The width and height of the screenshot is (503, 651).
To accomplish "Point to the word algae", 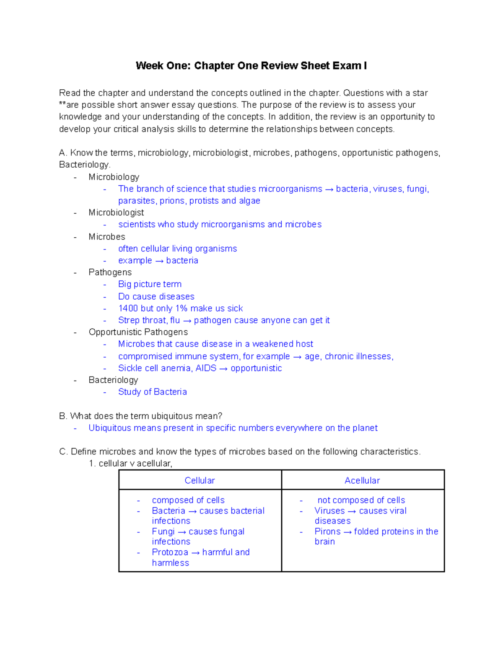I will (x=249, y=201).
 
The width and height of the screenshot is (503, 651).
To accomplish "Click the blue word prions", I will (x=172, y=201).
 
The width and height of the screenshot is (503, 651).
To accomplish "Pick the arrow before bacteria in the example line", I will (x=159, y=261).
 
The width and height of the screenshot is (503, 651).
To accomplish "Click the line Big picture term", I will (x=150, y=284).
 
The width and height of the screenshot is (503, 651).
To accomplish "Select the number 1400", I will (x=128, y=309).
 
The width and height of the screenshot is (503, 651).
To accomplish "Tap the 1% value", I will (x=181, y=309).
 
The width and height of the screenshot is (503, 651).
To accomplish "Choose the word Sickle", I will (x=130, y=368).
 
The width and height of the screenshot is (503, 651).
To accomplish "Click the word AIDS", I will (x=206, y=368).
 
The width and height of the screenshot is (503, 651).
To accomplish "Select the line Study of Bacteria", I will (x=152, y=392).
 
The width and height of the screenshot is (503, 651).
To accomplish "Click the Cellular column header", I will (x=200, y=480).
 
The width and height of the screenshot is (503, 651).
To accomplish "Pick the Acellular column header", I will (x=362, y=480).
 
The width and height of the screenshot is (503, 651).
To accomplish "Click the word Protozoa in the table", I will (x=170, y=552).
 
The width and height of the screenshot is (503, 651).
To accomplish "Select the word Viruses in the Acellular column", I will (x=329, y=511).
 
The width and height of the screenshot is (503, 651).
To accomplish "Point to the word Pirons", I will (x=327, y=532).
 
